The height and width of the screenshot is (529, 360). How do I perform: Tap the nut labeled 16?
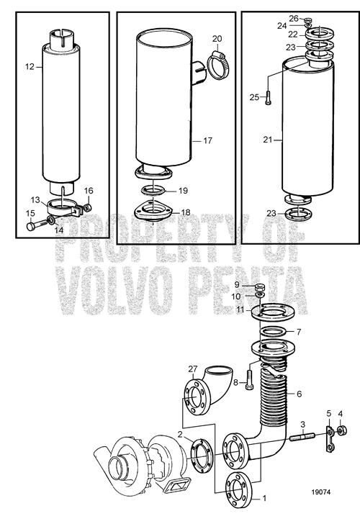click(x=87, y=208)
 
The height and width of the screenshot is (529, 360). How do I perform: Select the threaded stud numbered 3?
click(x=302, y=437)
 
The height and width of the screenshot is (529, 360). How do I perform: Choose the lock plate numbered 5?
click(x=329, y=439)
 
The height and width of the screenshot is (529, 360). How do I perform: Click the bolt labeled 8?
click(x=249, y=379)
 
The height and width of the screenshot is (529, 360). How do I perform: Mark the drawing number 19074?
click(x=321, y=492)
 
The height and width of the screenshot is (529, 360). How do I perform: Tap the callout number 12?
click(x=30, y=67)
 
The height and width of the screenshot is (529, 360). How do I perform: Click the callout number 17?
click(x=208, y=140)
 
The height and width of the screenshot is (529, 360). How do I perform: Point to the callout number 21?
click(x=268, y=140)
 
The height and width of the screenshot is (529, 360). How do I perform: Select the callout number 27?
click(x=193, y=369)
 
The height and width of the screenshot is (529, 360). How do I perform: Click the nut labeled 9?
click(x=260, y=287)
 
